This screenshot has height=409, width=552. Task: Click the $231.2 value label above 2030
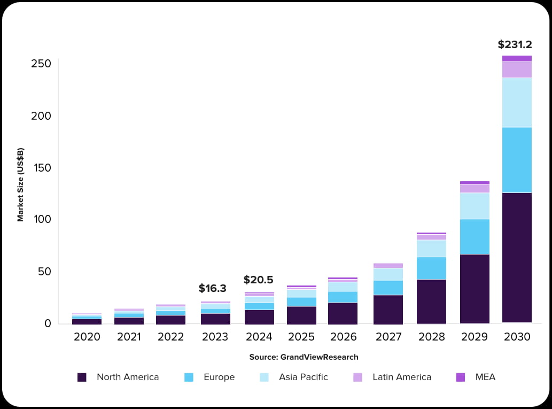click(515, 45)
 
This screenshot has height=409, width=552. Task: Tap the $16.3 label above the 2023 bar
click(212, 289)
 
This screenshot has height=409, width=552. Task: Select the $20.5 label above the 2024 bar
click(258, 280)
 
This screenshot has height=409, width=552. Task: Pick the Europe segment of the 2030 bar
click(517, 160)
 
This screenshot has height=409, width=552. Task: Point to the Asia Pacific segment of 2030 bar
click(517, 103)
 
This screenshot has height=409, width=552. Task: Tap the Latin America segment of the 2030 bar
click(517, 70)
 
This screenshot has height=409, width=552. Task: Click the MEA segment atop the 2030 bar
click(517, 59)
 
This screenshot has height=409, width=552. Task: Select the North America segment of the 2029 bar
click(475, 289)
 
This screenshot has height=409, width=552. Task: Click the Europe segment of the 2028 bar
click(431, 268)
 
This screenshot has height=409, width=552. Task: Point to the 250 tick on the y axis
click(41, 64)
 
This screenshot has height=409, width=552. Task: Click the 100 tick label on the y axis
click(41, 220)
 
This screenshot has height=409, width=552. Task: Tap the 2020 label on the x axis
click(87, 337)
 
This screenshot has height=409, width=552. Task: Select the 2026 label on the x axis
click(343, 337)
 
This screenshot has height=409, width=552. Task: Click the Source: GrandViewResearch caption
click(304, 357)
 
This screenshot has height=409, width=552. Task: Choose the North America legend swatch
click(82, 377)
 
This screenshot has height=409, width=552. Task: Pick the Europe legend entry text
click(219, 377)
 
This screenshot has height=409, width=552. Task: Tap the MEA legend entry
click(485, 377)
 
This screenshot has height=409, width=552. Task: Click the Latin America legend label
click(401, 377)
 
